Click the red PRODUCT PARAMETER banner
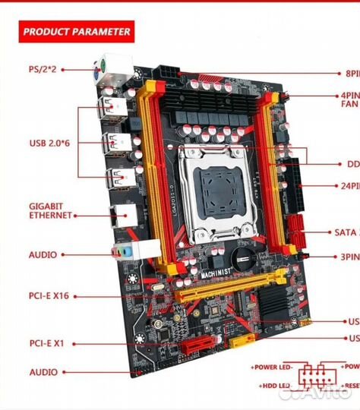coord(75,32)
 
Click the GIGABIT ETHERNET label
coord(51,210)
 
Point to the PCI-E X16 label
coord(49,295)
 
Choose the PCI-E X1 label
coord(46,343)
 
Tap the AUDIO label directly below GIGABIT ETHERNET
coord(43,256)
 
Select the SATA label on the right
coord(346,232)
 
